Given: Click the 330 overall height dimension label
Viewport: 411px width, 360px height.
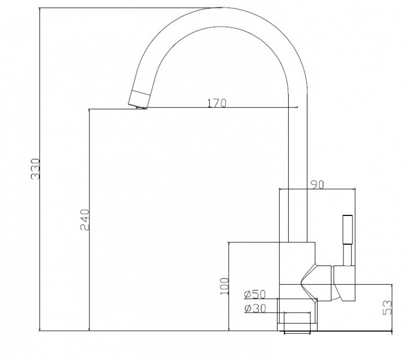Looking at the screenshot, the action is [35, 169].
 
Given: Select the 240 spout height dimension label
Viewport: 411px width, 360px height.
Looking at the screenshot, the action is [84, 219].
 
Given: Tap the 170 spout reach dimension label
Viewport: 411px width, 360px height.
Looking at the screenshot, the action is [217, 103].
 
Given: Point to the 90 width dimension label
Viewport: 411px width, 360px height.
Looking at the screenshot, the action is [318, 185].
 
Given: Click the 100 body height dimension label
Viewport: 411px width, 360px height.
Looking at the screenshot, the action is [225, 286].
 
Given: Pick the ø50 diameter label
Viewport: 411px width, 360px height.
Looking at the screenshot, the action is [255, 294].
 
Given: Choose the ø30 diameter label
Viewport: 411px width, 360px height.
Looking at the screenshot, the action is [255, 308].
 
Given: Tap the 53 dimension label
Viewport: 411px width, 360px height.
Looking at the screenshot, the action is [387, 307].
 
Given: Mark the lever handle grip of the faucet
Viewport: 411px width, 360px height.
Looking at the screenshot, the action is [347, 230].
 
